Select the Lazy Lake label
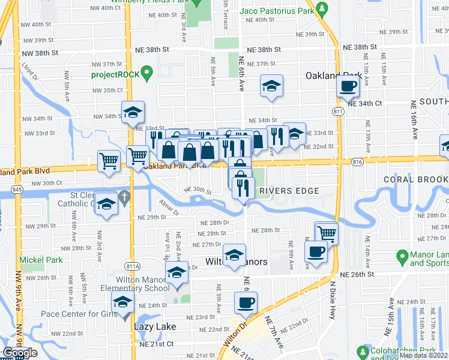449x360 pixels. (154, 326)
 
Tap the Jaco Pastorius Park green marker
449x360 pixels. (322, 9)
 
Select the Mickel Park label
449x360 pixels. (41, 260)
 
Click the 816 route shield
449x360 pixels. (358, 161)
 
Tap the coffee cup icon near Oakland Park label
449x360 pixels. (348, 86)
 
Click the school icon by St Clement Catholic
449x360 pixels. (106, 205)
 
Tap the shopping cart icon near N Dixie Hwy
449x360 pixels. (326, 232)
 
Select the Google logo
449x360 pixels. (19, 353)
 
